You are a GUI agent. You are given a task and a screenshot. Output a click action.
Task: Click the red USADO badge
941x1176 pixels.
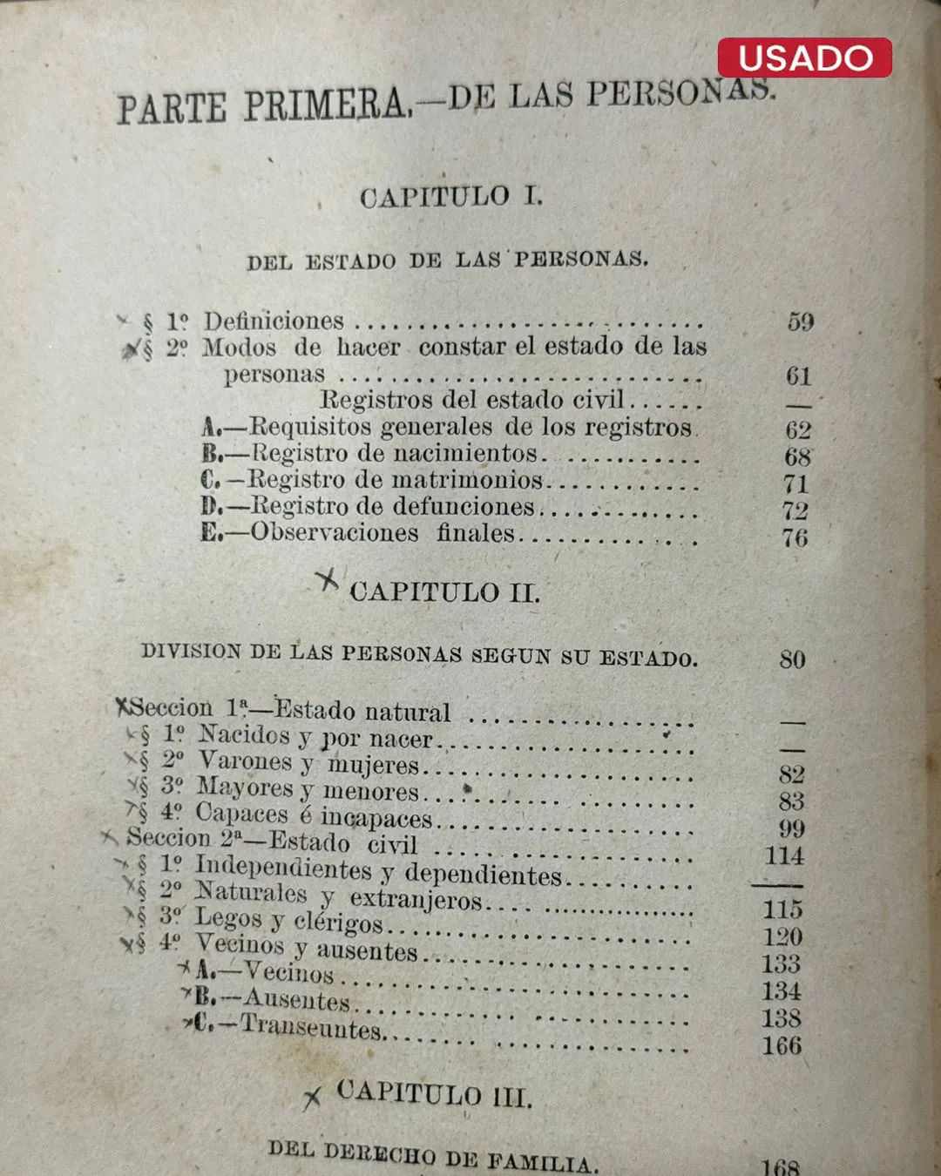(x=804, y=57)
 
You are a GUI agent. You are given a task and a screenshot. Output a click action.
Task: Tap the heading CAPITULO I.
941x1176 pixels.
(x=450, y=197)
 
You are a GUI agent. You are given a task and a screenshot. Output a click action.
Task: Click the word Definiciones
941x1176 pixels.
(x=274, y=321)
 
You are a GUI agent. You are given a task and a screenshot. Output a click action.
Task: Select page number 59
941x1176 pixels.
(x=800, y=322)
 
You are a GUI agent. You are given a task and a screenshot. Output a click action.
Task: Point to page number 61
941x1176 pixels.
(x=798, y=376)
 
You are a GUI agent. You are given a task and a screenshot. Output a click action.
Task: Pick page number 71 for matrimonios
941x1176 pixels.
(x=795, y=483)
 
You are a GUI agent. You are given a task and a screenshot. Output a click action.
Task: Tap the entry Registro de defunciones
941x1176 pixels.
(x=392, y=507)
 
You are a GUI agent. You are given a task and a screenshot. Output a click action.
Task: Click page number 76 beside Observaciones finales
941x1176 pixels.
(x=795, y=537)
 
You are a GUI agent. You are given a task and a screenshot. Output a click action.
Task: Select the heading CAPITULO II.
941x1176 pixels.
(x=444, y=592)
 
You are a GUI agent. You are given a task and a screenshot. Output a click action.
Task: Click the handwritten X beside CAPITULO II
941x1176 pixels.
(x=327, y=581)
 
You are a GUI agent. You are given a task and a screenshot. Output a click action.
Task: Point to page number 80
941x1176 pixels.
(x=792, y=659)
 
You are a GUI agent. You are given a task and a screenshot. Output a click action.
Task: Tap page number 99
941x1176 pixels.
(x=791, y=828)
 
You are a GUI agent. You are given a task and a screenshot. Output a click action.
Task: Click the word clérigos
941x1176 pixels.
(x=338, y=922)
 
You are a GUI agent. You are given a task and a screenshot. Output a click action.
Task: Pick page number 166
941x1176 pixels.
(x=781, y=1045)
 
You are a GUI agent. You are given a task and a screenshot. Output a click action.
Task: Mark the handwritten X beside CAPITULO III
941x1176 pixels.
(x=312, y=1098)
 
